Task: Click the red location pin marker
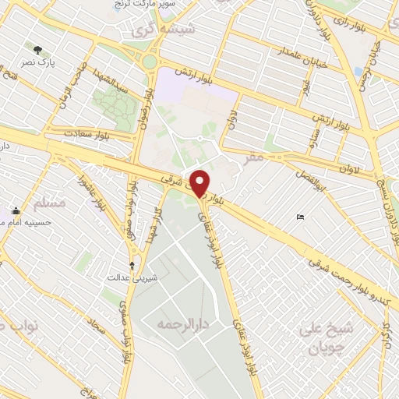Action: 200,183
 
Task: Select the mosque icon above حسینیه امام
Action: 16,211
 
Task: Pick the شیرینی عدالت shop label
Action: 129,277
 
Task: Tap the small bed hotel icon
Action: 301,217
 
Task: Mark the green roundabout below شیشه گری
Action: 150,62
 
